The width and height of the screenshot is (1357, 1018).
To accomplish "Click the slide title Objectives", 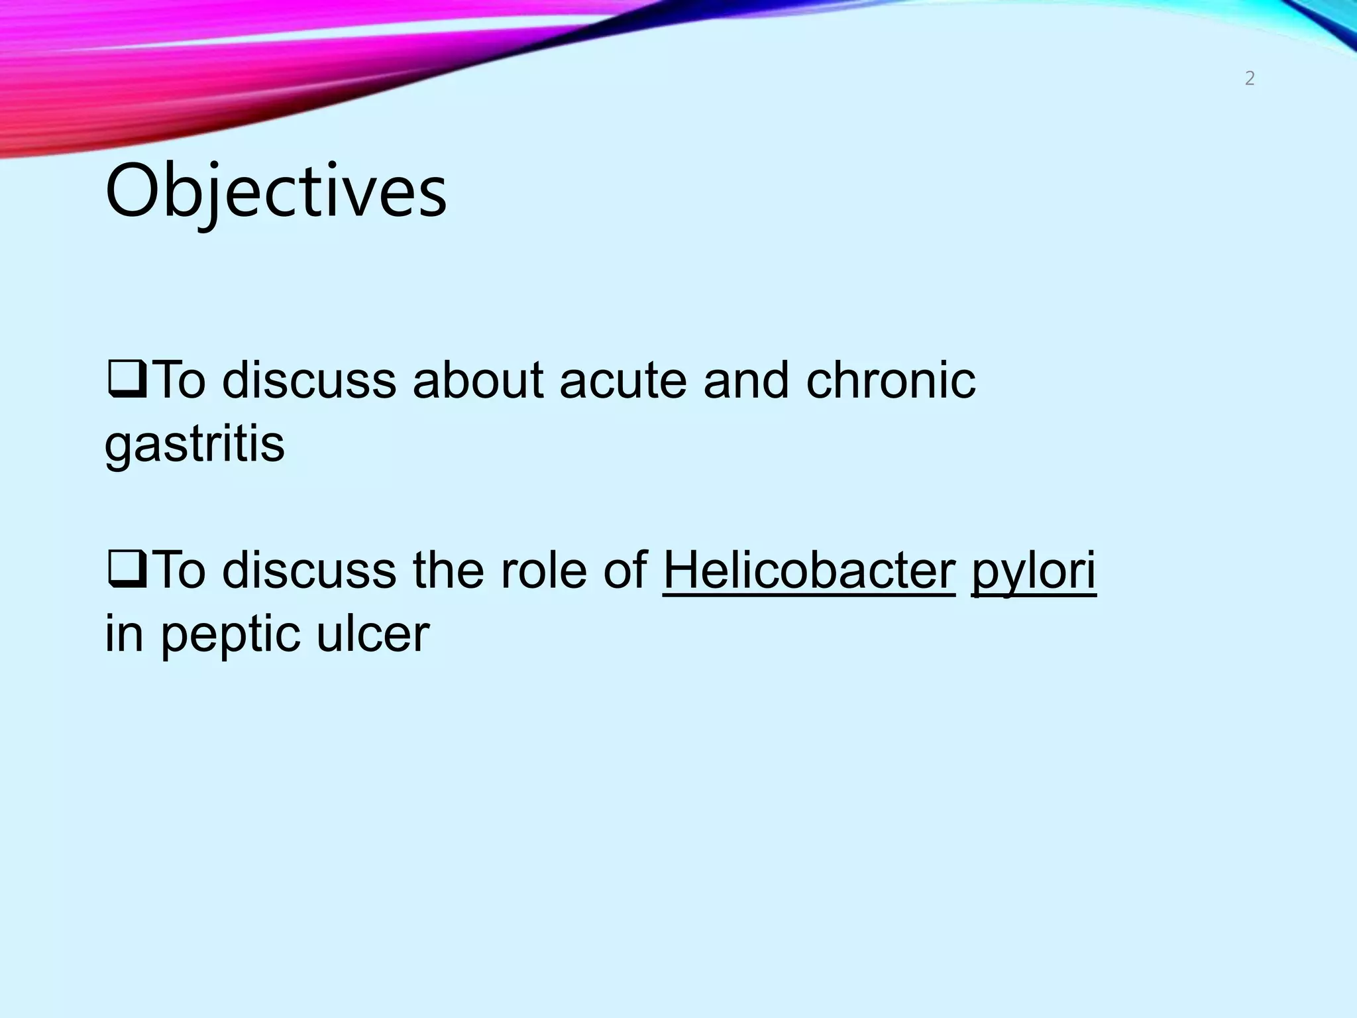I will tap(276, 192).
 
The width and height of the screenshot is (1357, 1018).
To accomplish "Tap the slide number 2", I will tap(1250, 79).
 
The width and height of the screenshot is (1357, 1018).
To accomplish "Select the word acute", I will tap(623, 382).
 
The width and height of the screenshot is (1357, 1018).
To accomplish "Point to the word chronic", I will tap(891, 382).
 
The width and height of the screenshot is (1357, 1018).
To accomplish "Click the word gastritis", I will tap(195, 445).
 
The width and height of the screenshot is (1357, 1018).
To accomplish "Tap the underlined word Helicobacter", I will tap(809, 571).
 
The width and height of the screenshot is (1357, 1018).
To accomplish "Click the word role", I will tap(543, 571).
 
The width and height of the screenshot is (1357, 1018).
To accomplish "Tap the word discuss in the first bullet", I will tap(309, 382).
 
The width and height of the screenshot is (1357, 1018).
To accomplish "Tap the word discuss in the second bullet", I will tap(309, 571).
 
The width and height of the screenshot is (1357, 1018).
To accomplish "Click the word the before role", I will tap(448, 571).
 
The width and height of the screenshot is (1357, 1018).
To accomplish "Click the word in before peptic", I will tap(124, 634).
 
